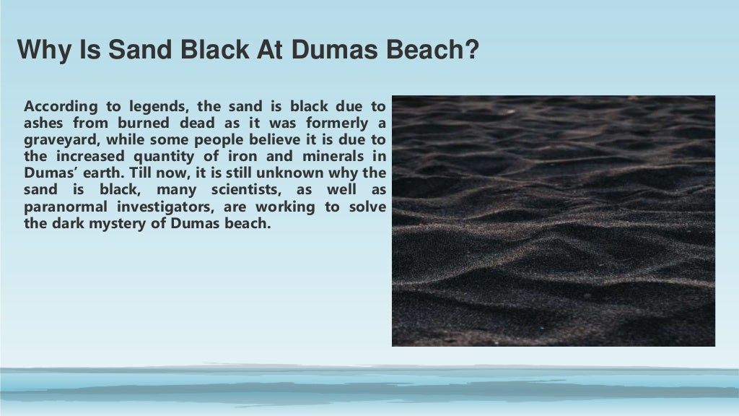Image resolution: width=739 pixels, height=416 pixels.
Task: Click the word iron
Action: pyautogui.click(x=242, y=156)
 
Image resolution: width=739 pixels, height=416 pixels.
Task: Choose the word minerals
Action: pyautogui.click(x=330, y=156)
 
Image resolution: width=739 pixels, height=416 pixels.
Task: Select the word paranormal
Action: pyautogui.click(x=61, y=206)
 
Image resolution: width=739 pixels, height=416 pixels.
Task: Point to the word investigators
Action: pyautogui.click(x=172, y=206)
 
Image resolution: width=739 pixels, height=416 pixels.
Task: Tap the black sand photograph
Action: pyautogui.click(x=554, y=221)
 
